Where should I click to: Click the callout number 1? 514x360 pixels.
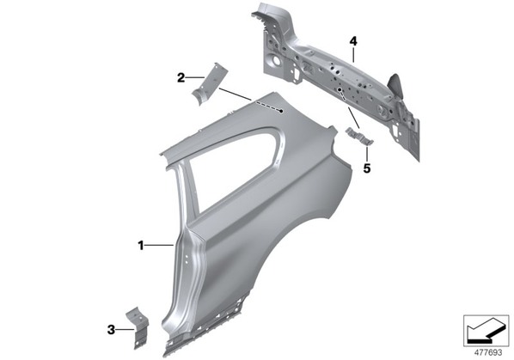coord(141,246)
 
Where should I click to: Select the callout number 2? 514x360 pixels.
coord(181,78)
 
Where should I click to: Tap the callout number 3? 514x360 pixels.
coord(111,330)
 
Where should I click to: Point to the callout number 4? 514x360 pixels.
coord(353,41)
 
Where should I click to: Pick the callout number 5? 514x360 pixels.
coord(367,168)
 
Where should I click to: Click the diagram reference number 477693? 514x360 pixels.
coord(488,353)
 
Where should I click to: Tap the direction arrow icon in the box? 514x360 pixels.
coord(486,332)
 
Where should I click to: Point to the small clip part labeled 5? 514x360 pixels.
coord(359,137)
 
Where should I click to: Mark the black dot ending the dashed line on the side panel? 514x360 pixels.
coord(281,111)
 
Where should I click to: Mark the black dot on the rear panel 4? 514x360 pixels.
coord(340,89)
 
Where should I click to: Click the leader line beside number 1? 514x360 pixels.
coord(159,245)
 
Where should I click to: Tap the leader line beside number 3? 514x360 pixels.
coord(125,329)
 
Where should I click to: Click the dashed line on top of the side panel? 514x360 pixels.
coord(268,107)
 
